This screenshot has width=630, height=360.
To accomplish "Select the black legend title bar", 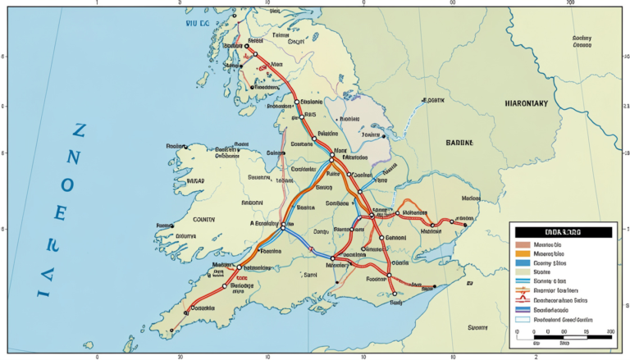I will (x=560, y=233).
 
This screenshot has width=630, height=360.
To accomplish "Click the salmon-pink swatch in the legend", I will (x=523, y=244).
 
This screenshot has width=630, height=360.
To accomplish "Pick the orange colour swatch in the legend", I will (x=523, y=254).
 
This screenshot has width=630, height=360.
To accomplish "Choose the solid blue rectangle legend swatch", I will (x=523, y=264).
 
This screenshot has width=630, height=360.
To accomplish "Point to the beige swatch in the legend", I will (x=523, y=273).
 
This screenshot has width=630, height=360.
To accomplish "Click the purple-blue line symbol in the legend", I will (x=523, y=310).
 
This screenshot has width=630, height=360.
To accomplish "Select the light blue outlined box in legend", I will (x=523, y=320).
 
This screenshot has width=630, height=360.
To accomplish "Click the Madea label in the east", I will (x=470, y=198).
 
